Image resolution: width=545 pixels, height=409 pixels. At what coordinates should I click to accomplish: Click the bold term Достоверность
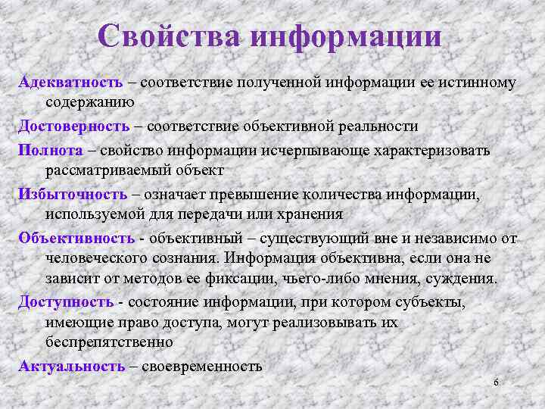[x=74, y=126]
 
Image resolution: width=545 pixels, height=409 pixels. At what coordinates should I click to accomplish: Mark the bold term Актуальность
[x=72, y=367]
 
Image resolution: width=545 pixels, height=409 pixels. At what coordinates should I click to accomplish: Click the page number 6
[x=495, y=382]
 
